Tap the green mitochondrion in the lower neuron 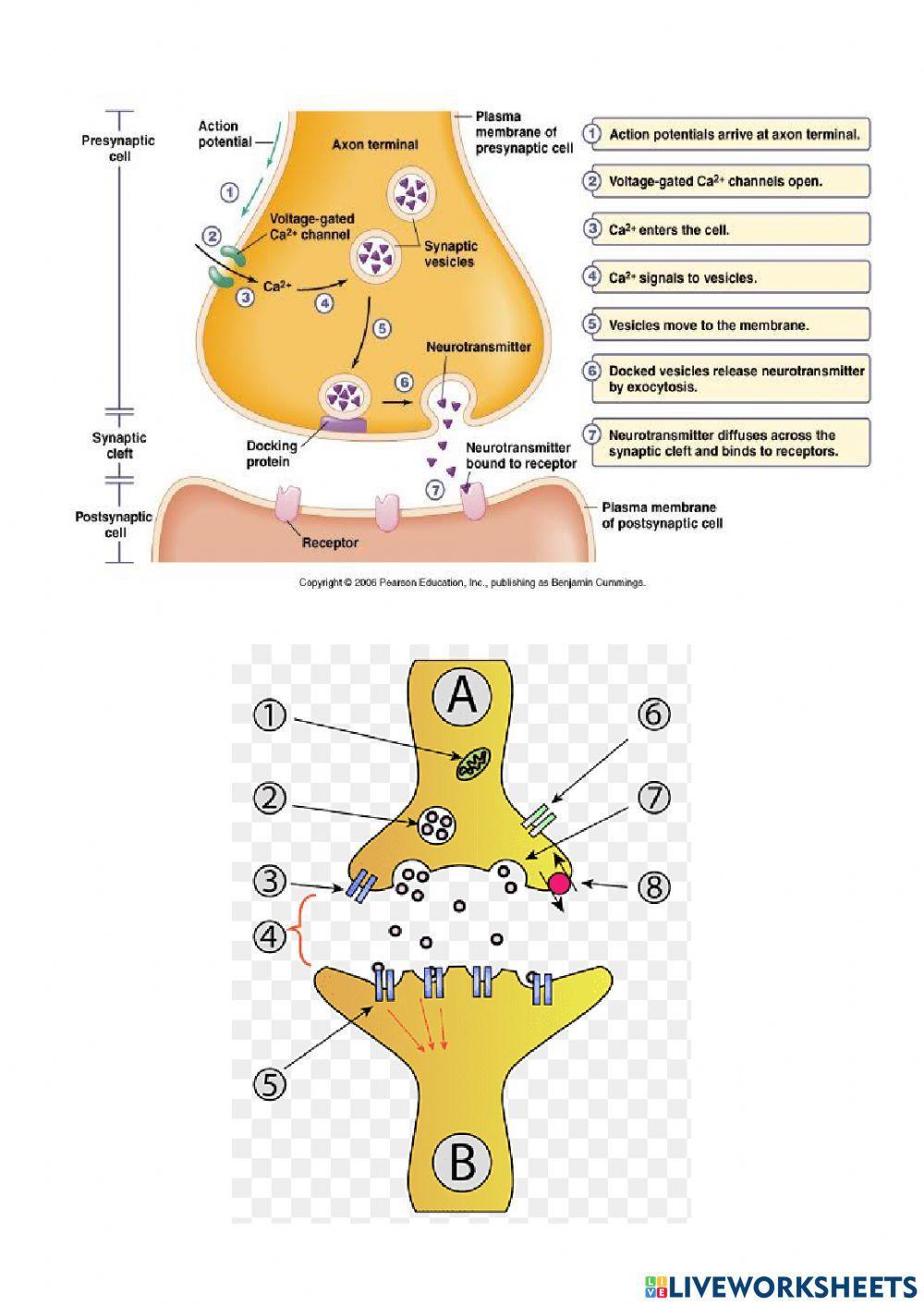coord(472,763)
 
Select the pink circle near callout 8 coord(559,884)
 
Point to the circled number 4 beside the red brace coord(270,936)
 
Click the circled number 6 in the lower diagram coord(654,714)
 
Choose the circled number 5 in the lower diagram coord(270,1083)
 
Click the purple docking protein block coord(343,425)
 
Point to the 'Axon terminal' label coord(374,144)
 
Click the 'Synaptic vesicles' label coord(450,254)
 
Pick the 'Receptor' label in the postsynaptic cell coord(330,543)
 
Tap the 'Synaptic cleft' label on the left coord(118,446)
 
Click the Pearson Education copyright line coord(472,583)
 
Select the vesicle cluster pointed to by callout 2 coord(436,823)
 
